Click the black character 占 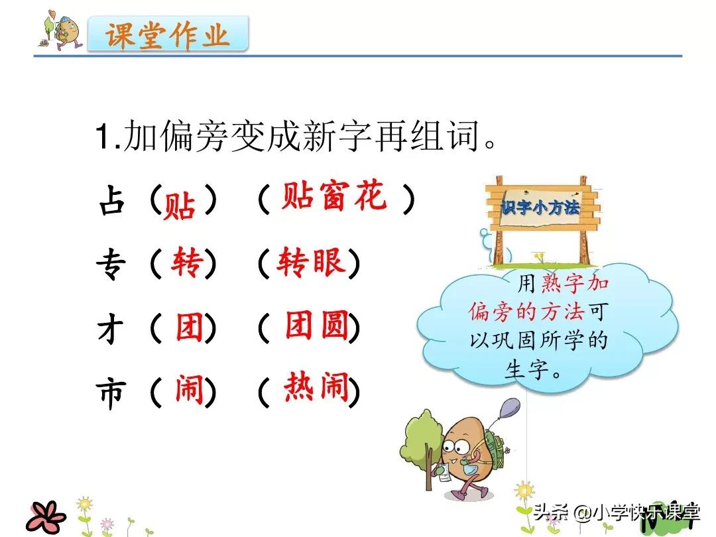111,201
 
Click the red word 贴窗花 333,197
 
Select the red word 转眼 311,263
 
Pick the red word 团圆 316,326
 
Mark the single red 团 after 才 189,327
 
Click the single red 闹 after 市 188,390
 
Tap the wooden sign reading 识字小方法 540,208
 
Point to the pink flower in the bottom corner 47,515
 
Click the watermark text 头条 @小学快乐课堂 617,512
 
